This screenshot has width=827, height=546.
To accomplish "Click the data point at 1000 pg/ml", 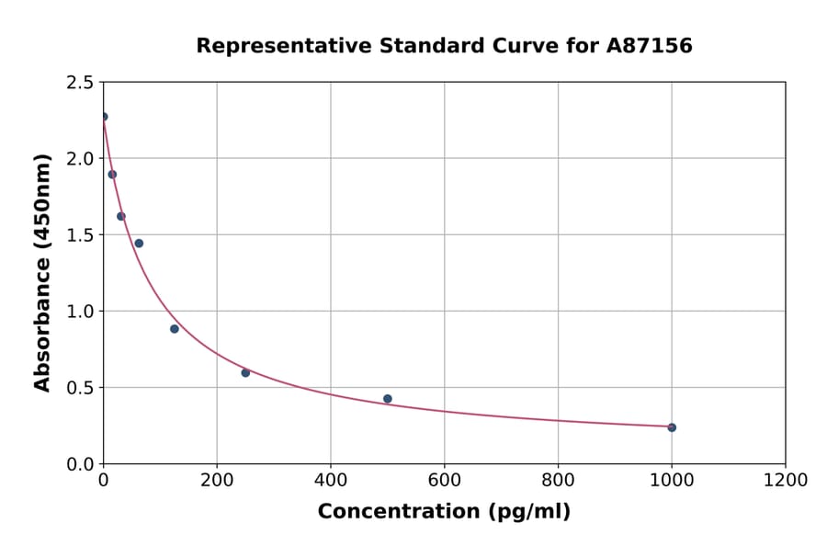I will click(672, 427).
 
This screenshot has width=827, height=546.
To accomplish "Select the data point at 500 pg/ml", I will click(388, 399).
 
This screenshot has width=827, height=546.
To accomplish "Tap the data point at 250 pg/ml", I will click(245, 372).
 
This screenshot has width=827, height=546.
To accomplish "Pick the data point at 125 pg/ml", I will click(175, 329).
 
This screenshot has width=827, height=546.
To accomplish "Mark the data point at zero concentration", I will click(104, 117).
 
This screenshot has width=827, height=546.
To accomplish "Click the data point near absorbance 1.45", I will click(139, 244).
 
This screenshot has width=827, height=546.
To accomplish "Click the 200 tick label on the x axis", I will click(217, 481).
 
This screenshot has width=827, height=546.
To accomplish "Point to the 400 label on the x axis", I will click(331, 481).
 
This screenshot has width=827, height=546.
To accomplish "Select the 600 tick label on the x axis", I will click(445, 481).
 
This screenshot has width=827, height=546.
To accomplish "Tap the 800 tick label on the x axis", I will click(558, 481).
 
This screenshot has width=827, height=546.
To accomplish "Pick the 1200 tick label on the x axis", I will click(786, 481).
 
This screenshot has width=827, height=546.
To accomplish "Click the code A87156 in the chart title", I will click(649, 46).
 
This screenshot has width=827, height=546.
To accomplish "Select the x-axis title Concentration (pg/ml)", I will click(444, 512).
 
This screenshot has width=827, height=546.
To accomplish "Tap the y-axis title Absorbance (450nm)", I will click(42, 272).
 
